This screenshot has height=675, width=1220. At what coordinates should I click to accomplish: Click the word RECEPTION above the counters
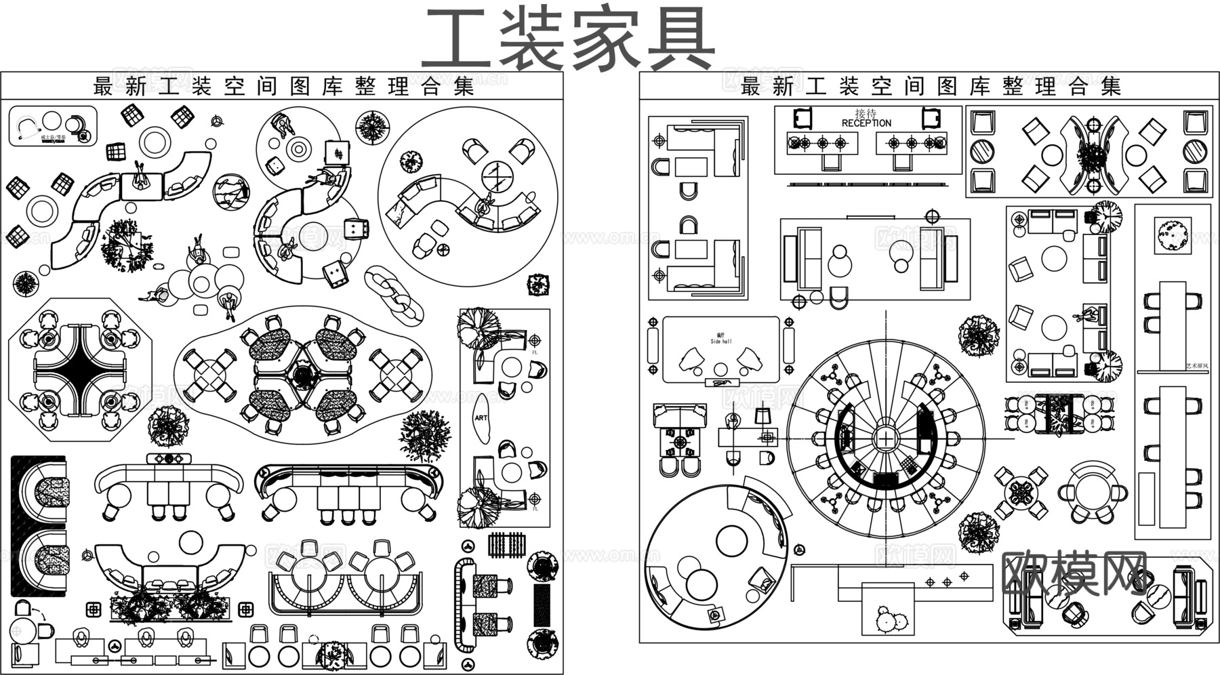click(x=866, y=123)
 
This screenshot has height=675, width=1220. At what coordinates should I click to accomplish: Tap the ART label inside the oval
click(x=481, y=417)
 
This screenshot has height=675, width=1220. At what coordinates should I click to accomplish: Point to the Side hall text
click(x=720, y=342)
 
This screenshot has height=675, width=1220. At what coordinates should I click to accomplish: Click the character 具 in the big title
click(x=679, y=39)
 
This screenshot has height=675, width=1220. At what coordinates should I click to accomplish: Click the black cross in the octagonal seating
click(x=80, y=369)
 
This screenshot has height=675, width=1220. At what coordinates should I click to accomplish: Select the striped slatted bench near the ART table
click(x=507, y=545)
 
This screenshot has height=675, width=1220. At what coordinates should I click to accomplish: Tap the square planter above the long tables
click(x=1173, y=235)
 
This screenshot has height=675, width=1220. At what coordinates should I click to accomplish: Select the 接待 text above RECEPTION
click(x=866, y=112)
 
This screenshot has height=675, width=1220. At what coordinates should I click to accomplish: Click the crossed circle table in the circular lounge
click(x=498, y=177)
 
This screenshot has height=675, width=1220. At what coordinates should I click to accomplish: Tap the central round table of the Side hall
click(x=720, y=369)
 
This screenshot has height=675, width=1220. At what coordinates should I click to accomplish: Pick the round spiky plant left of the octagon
click(x=25, y=284)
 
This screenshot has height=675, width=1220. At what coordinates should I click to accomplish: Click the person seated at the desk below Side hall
click(x=732, y=422)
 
